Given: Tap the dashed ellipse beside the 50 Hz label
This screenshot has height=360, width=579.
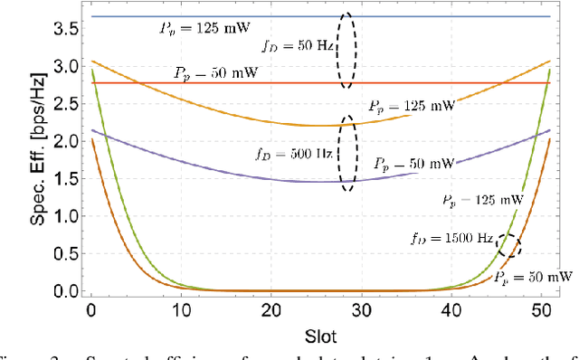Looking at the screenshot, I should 346,51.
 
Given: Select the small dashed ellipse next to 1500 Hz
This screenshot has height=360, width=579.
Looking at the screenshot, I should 509,245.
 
